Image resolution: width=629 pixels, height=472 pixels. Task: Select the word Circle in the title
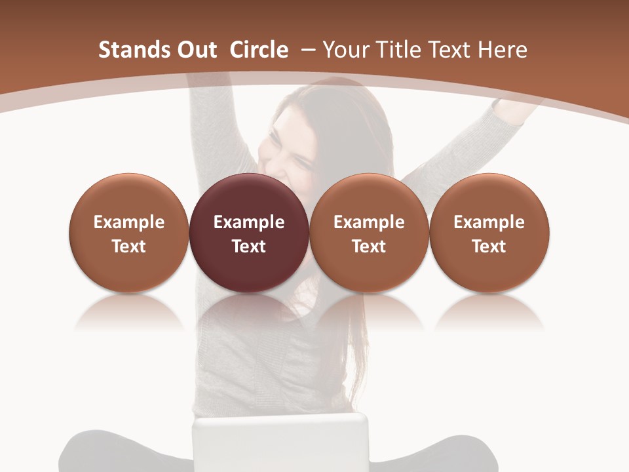tap(259, 50)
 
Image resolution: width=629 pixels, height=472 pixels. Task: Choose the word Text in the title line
tap(452, 50)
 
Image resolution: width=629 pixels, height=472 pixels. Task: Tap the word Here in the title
tap(503, 50)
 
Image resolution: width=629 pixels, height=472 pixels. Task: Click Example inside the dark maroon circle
tap(249, 222)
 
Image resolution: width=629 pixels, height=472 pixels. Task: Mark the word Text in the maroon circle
tap(249, 246)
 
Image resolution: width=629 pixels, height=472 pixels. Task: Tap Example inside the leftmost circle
tap(129, 222)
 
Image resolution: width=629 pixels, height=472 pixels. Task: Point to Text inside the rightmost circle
tap(489, 246)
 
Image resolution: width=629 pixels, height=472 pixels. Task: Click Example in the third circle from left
tap(369, 222)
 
